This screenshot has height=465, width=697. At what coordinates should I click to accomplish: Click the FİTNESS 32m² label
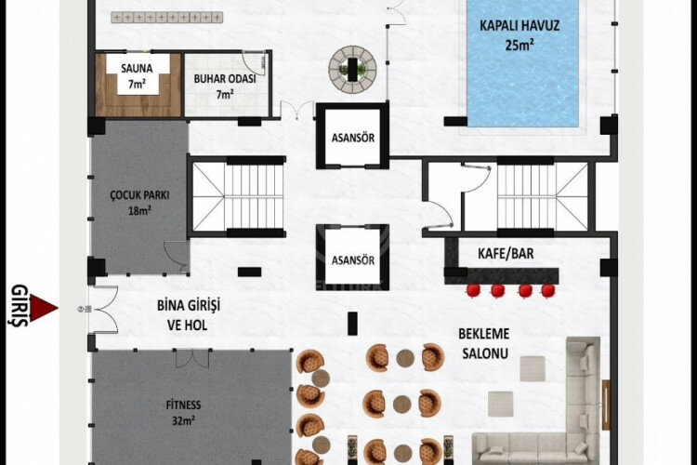pos(183,411)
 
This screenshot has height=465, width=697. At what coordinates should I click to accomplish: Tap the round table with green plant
pos(352,66)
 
